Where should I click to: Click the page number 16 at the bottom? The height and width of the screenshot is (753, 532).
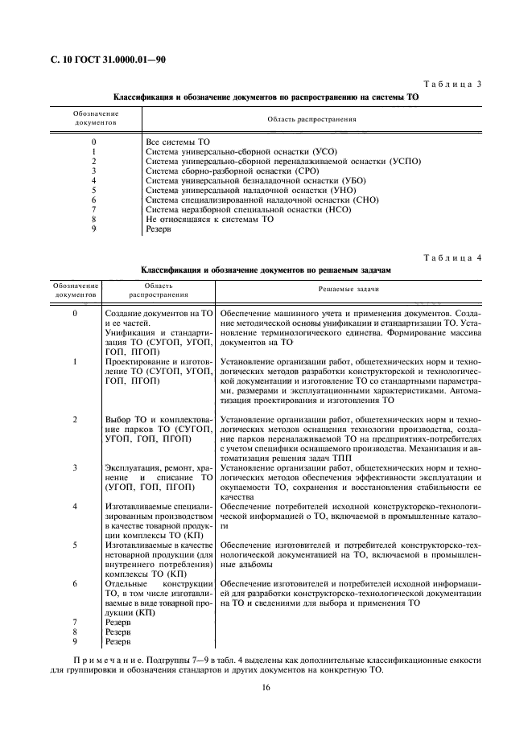[266, 687]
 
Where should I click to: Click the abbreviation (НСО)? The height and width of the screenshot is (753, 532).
[328, 209]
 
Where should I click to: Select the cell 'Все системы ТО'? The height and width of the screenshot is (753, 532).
[177, 142]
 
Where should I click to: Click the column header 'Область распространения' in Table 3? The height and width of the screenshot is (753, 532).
[311, 119]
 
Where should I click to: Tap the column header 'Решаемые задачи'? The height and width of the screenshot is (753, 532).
[348, 288]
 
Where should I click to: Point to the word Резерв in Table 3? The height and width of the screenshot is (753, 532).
[159, 228]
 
